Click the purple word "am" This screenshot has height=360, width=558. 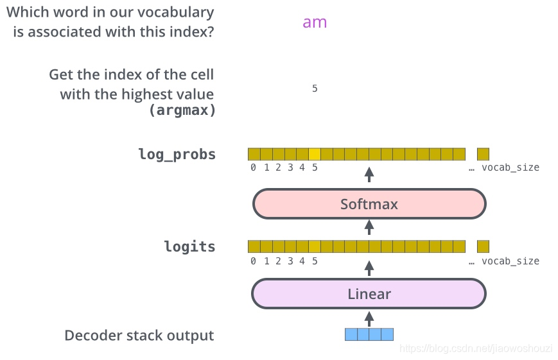pyautogui.click(x=315, y=22)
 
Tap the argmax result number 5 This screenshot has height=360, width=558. pyautogui.click(x=315, y=89)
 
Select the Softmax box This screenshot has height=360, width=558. pyautogui.click(x=369, y=204)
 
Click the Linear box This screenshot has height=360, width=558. pyautogui.click(x=369, y=295)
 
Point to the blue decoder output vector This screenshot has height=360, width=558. pyautogui.click(x=369, y=334)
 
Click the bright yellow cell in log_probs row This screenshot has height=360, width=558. pyautogui.click(x=315, y=154)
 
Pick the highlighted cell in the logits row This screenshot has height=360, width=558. pyautogui.click(x=315, y=246)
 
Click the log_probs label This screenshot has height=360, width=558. pyautogui.click(x=177, y=155)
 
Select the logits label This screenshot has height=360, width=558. pyautogui.click(x=189, y=247)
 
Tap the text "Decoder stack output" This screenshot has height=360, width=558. pyautogui.click(x=139, y=336)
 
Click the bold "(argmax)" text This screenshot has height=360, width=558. pyautogui.click(x=182, y=110)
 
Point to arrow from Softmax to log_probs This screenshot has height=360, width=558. pyautogui.click(x=369, y=175)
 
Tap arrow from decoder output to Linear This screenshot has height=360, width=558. pyautogui.click(x=369, y=317)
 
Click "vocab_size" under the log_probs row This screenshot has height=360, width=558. pyautogui.click(x=510, y=167)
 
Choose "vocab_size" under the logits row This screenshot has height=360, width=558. pyautogui.click(x=510, y=261)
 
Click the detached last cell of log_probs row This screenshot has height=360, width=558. pyautogui.click(x=483, y=154)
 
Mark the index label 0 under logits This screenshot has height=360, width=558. pyautogui.click(x=254, y=261)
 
